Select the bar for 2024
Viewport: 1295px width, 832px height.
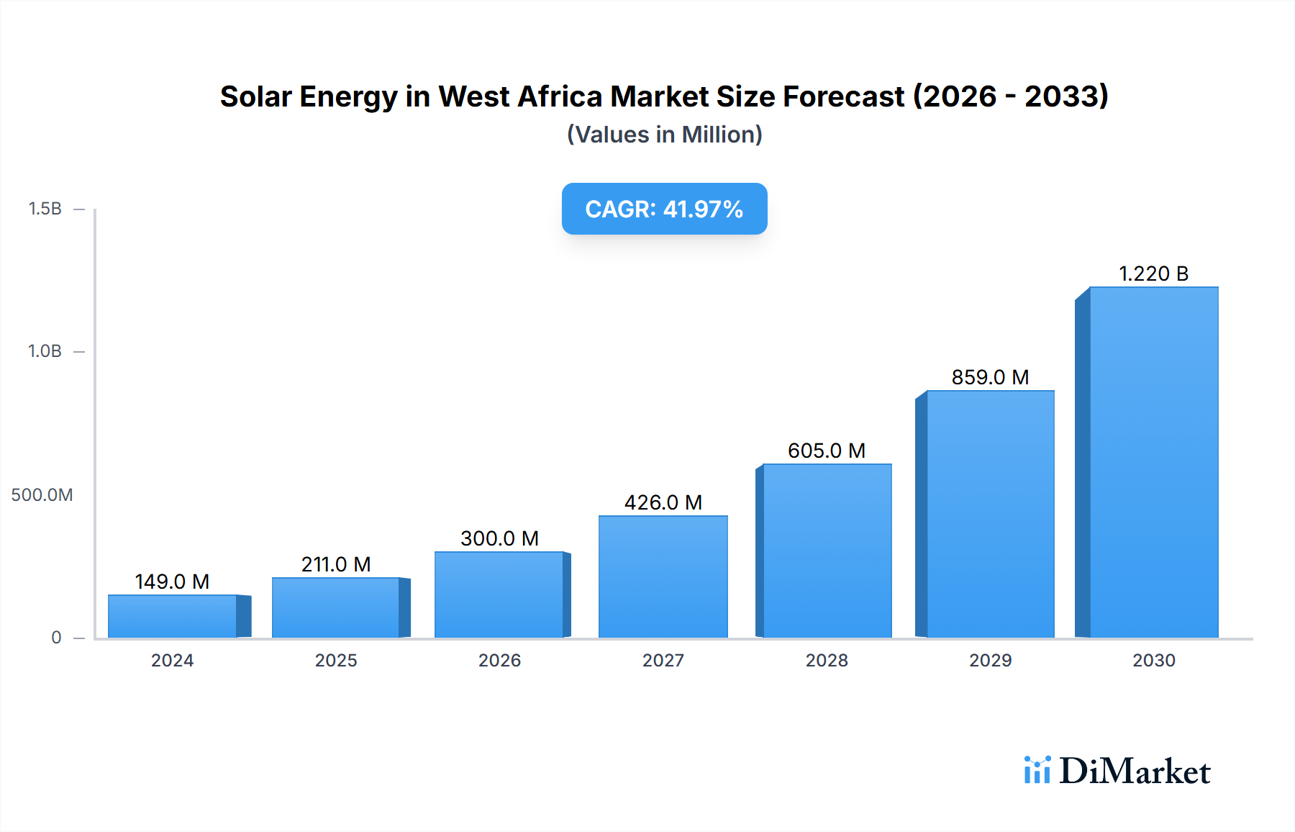(173, 616)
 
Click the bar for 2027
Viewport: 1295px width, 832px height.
(663, 576)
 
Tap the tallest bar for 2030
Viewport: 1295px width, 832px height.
(1153, 462)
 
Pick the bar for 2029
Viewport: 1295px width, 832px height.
(990, 514)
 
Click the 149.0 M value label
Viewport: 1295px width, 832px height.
(172, 582)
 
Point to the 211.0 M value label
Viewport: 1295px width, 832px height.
(336, 564)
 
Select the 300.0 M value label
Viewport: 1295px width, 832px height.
(499, 538)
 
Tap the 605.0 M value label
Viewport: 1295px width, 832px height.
(827, 451)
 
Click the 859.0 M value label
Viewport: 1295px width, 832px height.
(990, 377)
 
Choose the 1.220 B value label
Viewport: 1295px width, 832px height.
(1153, 273)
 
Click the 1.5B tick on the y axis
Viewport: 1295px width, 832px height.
(45, 209)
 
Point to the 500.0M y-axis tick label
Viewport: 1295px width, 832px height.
(42, 495)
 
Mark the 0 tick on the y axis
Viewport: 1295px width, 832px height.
(56, 638)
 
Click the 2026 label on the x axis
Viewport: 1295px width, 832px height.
(499, 661)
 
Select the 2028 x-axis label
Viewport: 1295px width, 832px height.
(827, 661)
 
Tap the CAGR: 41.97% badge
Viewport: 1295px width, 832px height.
(664, 209)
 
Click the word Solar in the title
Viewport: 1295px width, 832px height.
(257, 96)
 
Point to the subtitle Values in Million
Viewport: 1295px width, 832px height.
(664, 135)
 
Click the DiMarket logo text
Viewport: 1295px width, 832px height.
(1135, 772)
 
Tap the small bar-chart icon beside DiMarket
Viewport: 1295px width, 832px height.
(1037, 770)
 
